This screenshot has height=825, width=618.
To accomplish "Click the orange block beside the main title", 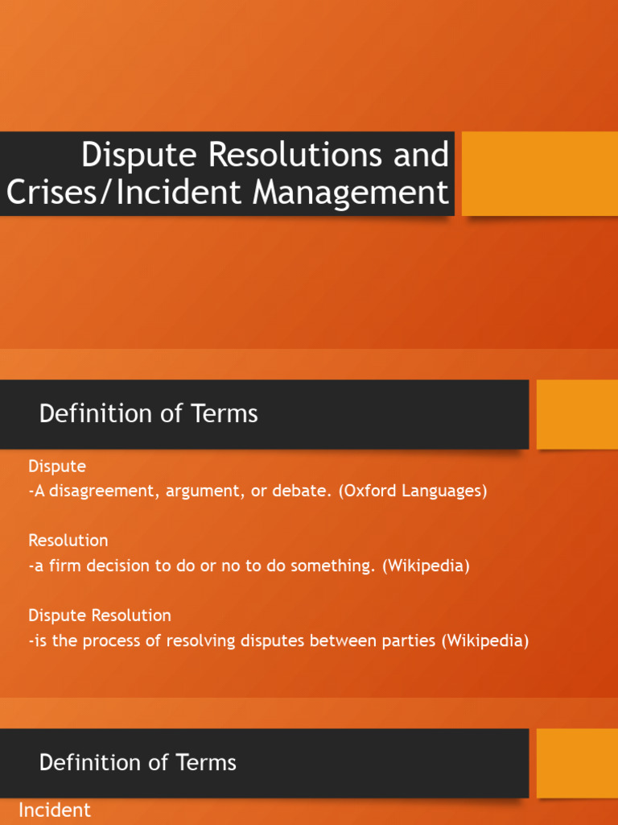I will pyautogui.click(x=539, y=173).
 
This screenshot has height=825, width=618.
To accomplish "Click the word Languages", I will pyautogui.click(x=447, y=491).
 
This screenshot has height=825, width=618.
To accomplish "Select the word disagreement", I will pyautogui.click(x=104, y=491).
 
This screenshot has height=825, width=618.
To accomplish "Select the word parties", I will pyautogui.click(x=402, y=641).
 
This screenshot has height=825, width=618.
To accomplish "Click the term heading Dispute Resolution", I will pyautogui.click(x=100, y=616).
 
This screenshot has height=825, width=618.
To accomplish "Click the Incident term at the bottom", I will pyautogui.click(x=55, y=810).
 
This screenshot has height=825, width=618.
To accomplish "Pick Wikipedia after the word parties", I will pyautogui.click(x=486, y=641).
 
